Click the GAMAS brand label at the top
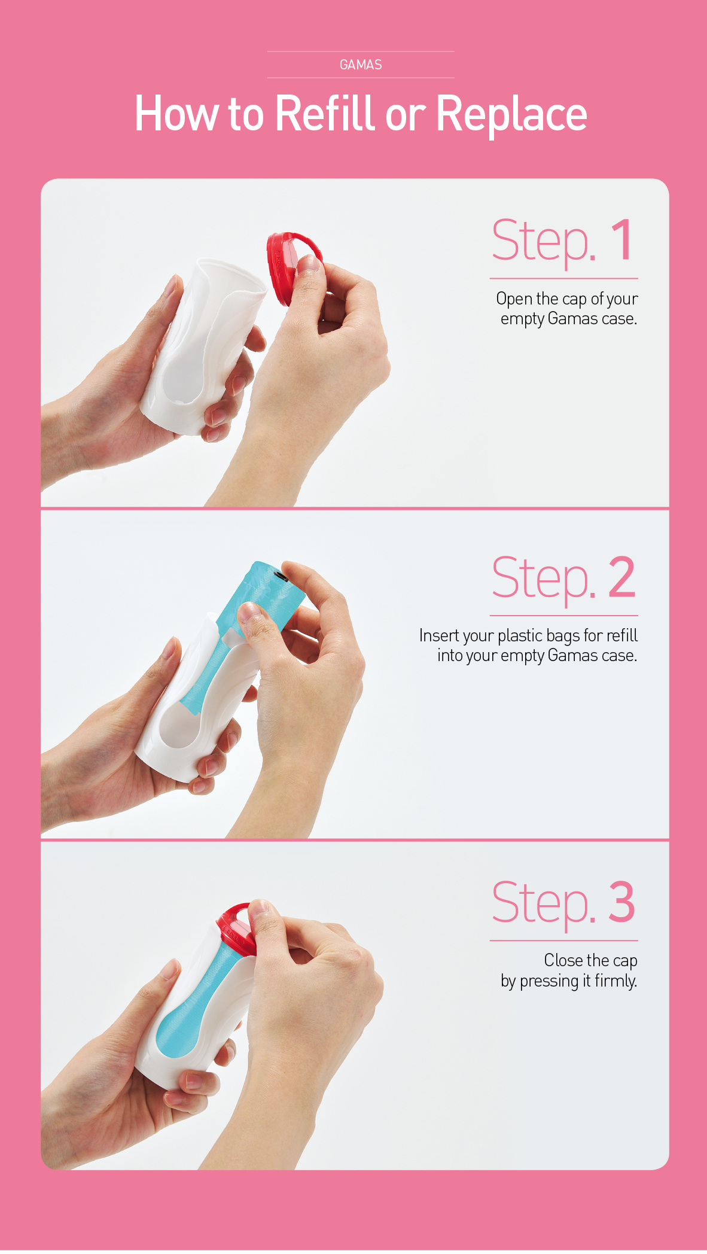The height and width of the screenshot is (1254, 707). pos(361,65)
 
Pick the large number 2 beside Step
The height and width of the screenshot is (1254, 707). pos(622,577)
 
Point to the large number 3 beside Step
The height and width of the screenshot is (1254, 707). pos(622,902)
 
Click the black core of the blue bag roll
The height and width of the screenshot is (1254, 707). pos(281,576)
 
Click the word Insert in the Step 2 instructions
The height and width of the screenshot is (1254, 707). pos(436,635)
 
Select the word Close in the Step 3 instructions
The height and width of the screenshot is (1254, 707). pos(563,960)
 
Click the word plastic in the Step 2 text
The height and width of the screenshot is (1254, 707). pos(520,636)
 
